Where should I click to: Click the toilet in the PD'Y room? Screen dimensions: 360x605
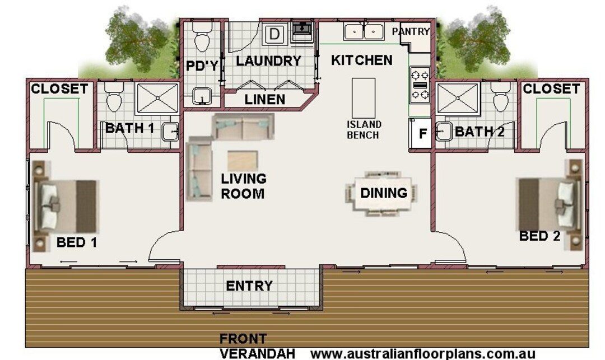[201, 36]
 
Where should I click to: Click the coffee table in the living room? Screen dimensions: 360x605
[243, 160]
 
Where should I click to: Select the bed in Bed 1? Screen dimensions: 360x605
[66, 205]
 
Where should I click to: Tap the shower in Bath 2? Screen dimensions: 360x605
[458, 99]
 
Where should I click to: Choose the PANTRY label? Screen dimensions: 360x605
[411, 32]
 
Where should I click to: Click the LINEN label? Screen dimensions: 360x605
[265, 100]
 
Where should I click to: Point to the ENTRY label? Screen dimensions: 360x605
[249, 286]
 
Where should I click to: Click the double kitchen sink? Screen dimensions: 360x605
[364, 32]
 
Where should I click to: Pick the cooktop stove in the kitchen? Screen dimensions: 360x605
[420, 85]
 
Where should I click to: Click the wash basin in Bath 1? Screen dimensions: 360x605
[170, 132]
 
